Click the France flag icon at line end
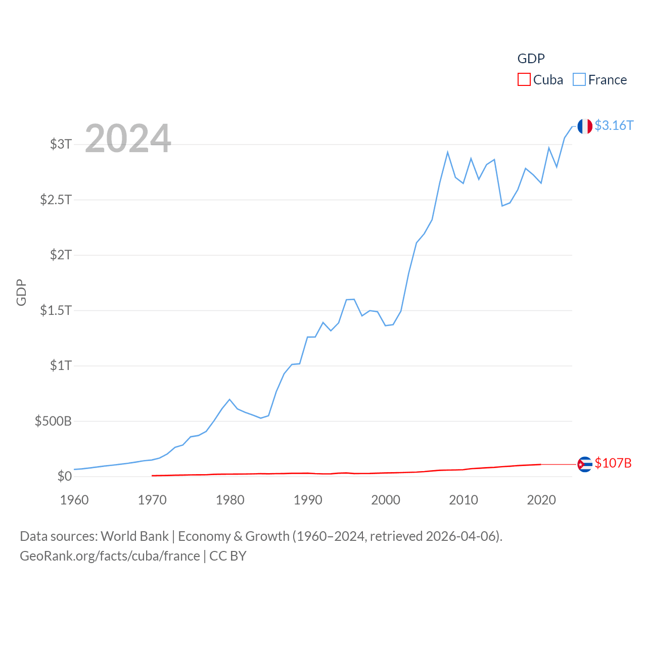[x=585, y=126]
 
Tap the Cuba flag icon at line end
[x=585, y=464]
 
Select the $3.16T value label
[x=614, y=125]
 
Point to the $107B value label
[x=613, y=463]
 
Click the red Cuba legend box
[x=524, y=80]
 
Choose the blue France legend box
[x=579, y=80]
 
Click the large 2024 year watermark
[x=128, y=138]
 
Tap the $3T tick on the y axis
[x=61, y=144]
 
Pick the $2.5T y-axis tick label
[x=56, y=200]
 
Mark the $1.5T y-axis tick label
[x=56, y=310]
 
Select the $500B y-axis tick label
[x=53, y=421]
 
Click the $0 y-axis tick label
[x=65, y=476]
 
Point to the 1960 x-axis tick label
[x=74, y=500]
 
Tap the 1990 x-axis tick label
[x=308, y=500]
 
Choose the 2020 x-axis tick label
[x=541, y=500]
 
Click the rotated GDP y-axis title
[x=21, y=292]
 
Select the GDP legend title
[x=531, y=59]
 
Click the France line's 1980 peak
[x=229, y=399]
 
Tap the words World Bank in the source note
[x=134, y=536]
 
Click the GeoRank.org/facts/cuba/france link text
[x=110, y=556]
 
